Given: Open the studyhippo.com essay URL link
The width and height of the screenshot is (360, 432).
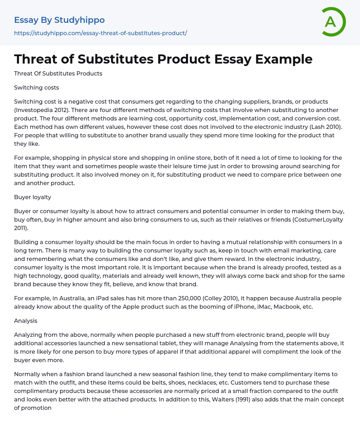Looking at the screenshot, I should pyautogui.click(x=101, y=33).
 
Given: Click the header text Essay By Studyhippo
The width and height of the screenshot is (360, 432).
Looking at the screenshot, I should pyautogui.click(x=59, y=20).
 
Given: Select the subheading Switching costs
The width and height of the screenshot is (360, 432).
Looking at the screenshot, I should pyautogui.click(x=37, y=87).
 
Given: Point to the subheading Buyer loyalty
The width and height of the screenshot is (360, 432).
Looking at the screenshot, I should pyautogui.click(x=33, y=197).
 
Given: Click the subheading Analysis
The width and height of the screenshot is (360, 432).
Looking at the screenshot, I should pyautogui.click(x=26, y=321).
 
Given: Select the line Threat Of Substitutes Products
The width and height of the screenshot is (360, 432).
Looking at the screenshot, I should pyautogui.click(x=58, y=73).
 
